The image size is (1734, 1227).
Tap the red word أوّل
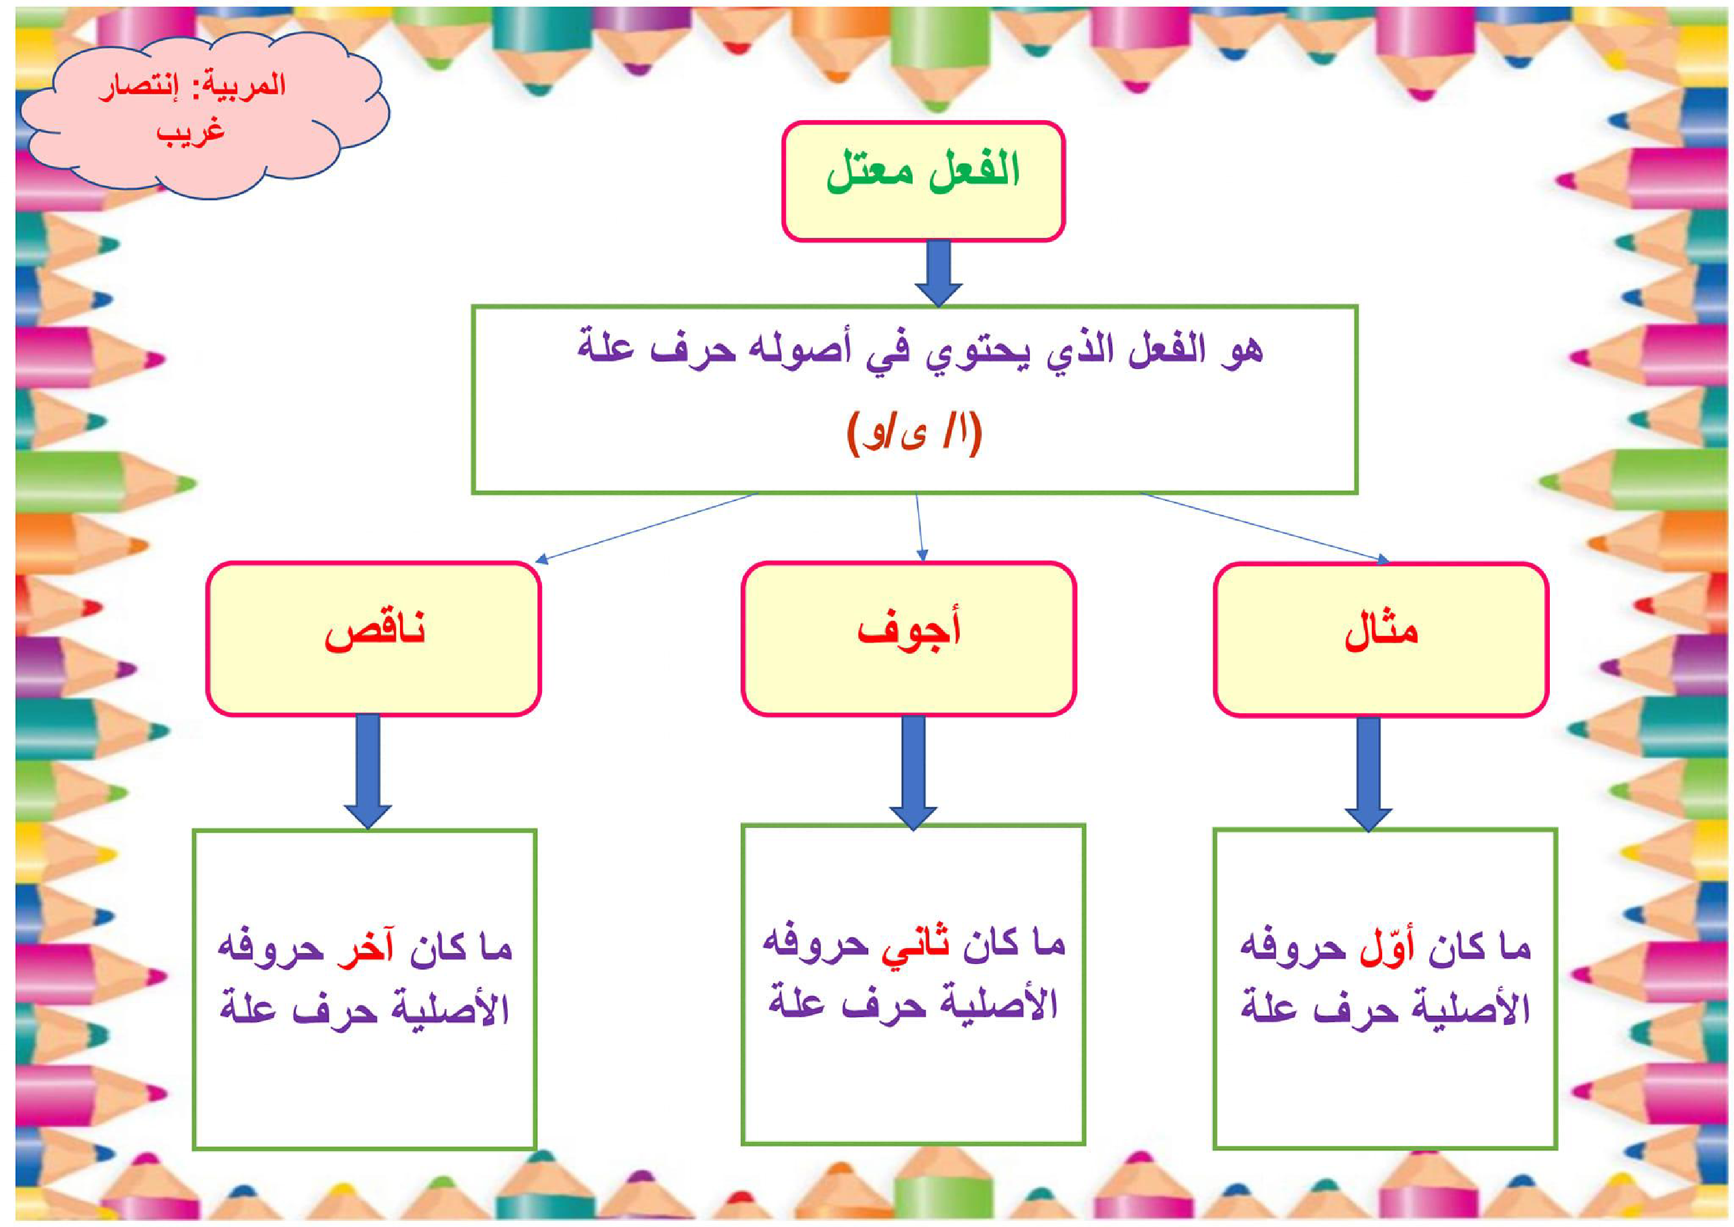click(x=1386, y=948)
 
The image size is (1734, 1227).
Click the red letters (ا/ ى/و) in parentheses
click(x=915, y=433)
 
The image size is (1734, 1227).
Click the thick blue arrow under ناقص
click(x=368, y=771)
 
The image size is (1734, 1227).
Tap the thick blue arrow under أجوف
click(x=913, y=771)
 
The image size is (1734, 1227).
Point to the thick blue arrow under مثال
click(x=1368, y=772)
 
